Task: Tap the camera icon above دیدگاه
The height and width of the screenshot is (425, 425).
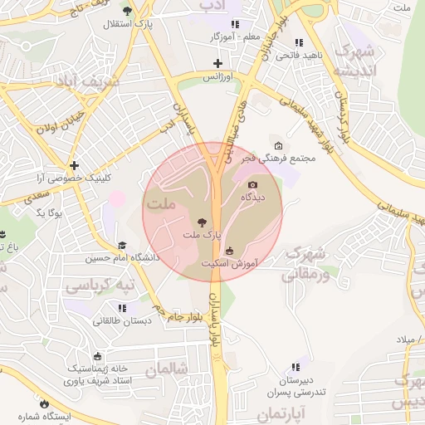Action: point(252,184)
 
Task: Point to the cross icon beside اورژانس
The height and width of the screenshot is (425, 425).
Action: point(217,63)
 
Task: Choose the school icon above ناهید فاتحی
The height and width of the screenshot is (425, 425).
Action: point(298,42)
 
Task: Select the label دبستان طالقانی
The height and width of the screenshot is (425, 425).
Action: point(121,320)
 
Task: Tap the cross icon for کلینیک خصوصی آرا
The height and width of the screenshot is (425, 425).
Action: point(75,165)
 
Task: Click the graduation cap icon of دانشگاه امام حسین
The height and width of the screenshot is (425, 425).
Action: point(122,245)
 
